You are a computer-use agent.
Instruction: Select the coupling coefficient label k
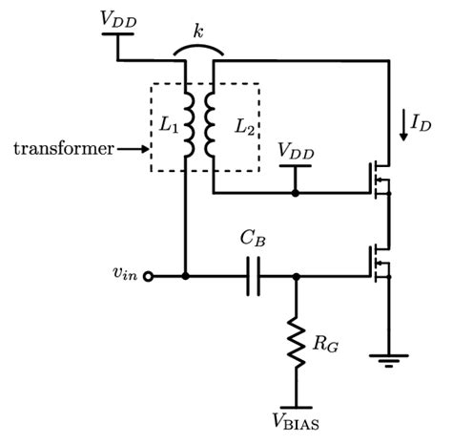tap(197, 32)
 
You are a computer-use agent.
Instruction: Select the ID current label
tap(422, 122)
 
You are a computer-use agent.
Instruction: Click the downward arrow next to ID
tap(404, 124)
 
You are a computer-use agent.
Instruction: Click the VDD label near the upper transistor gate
tap(296, 151)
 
